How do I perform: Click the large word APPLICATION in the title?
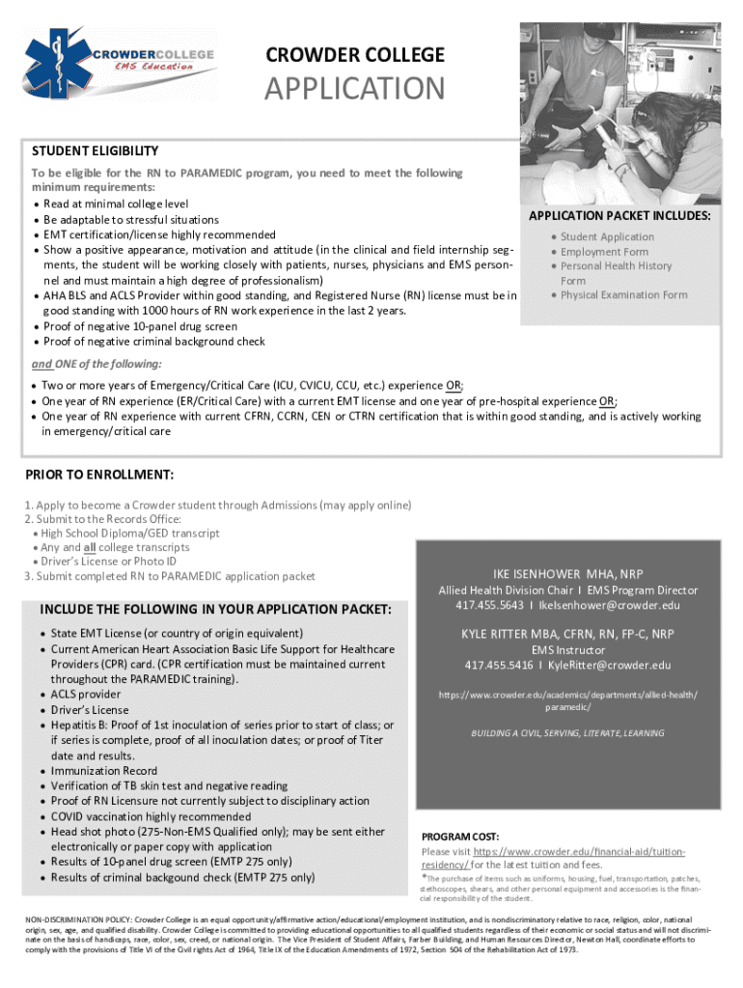tap(355, 89)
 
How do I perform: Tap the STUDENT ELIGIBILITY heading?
tap(95, 151)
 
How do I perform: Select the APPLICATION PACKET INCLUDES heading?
tap(620, 216)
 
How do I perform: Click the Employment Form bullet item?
tap(604, 252)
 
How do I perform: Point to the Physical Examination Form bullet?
tap(623, 295)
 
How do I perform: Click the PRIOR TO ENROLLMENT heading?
tap(99, 475)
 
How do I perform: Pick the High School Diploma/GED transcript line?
tap(130, 534)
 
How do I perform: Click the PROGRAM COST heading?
tap(460, 836)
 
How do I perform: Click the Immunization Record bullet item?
tap(104, 771)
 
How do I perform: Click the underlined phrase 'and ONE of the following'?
tap(96, 364)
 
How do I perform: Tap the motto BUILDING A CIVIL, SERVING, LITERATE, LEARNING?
tap(567, 733)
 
